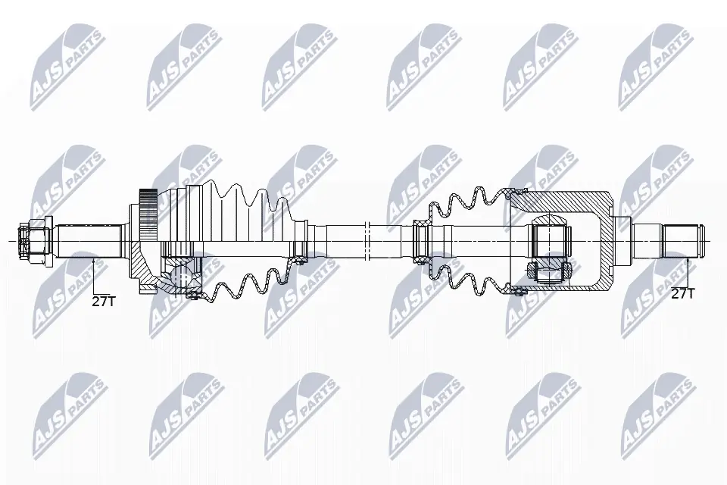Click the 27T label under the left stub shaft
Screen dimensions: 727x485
103,301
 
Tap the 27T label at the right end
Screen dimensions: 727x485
683,293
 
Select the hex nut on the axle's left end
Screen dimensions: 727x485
34,241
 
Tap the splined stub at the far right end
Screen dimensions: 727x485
683,241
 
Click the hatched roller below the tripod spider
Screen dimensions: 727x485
548,272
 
